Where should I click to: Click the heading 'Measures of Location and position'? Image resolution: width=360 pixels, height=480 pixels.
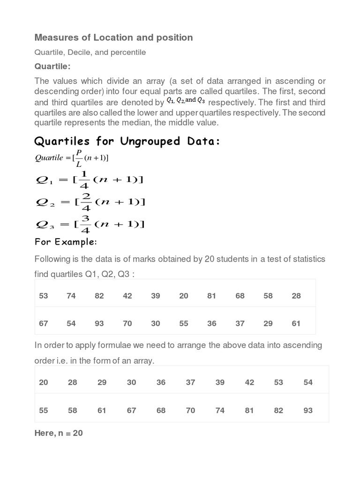point(114,37)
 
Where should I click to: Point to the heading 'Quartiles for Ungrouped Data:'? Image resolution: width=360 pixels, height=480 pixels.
point(127,141)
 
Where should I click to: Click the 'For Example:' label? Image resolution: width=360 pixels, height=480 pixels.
point(66,242)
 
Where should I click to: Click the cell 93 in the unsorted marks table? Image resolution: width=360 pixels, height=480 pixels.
point(99,323)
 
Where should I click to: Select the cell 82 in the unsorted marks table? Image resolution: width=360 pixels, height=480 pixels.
point(99,296)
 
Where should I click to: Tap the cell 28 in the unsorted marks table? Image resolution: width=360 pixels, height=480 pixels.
point(296,296)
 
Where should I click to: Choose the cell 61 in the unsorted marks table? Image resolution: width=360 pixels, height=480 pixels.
point(296,323)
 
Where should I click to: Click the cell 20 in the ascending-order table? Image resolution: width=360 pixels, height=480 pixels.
point(44,382)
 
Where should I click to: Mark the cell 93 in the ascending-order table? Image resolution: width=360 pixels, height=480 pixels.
point(308,411)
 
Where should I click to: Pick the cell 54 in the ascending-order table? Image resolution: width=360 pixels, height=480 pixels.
point(308,382)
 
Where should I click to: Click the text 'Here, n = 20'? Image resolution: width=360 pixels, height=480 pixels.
point(59,433)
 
